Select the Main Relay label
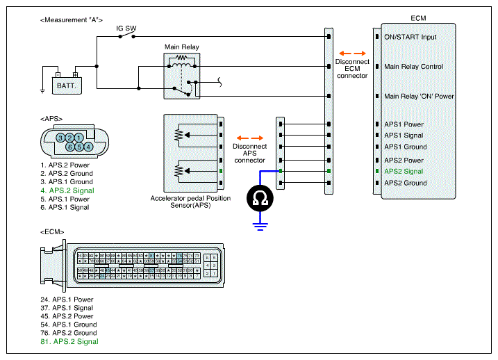181,47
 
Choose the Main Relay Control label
414,67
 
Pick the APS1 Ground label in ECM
406,147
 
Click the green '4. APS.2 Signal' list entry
67,190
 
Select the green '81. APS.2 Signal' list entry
69,341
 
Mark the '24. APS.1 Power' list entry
67,300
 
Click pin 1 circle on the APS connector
80,138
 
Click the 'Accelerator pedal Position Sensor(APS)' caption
190,202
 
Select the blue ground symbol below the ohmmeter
260,224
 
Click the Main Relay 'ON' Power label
419,97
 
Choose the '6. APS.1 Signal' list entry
65,207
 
